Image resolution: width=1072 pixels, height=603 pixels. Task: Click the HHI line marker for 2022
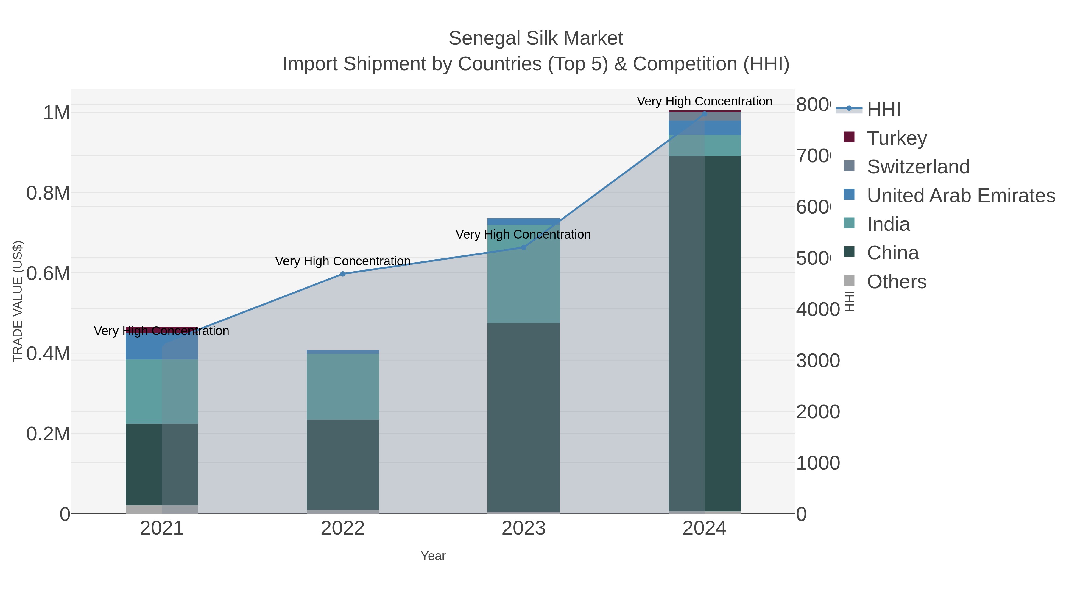(342, 274)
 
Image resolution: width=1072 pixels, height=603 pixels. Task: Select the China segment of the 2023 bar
(523, 416)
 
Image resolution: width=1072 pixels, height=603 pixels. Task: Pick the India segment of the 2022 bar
(342, 386)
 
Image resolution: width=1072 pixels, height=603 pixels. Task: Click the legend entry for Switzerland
(918, 166)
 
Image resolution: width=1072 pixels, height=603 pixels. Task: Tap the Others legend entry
(896, 282)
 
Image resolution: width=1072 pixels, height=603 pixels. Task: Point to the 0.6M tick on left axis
(48, 273)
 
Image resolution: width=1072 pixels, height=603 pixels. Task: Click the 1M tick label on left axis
(56, 113)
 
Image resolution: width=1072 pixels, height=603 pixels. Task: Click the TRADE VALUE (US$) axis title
(18, 301)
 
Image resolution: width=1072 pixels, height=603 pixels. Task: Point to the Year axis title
(433, 556)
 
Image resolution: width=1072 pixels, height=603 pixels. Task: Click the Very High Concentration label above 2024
(704, 101)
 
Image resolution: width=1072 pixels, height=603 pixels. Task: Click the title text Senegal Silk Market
(536, 38)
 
